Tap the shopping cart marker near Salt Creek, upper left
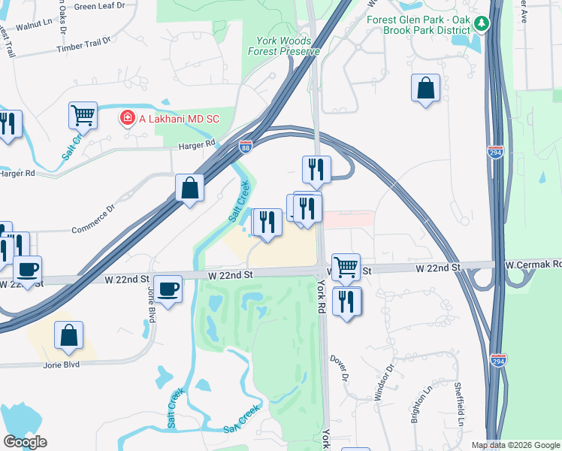point(83,116)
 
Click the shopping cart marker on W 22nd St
point(346,266)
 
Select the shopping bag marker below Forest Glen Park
point(425,88)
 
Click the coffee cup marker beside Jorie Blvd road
point(168,288)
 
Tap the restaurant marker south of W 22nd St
point(346,301)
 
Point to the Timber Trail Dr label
point(83,48)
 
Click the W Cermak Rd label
point(533,265)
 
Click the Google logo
point(25,442)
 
